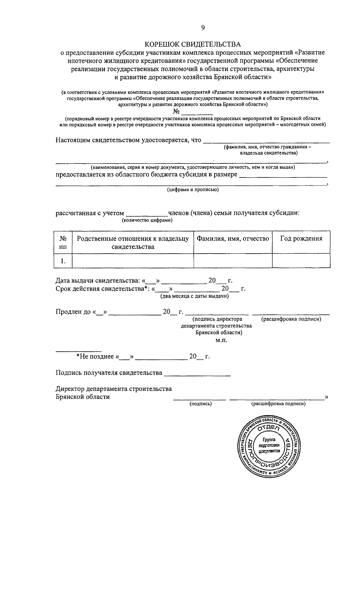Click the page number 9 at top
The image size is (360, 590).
point(203,28)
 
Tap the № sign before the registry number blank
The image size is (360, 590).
point(176,112)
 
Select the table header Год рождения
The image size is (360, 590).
point(301,239)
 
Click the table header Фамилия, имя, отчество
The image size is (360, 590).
point(233,239)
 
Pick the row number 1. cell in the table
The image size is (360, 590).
point(63,261)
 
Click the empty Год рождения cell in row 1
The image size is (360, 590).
point(301,261)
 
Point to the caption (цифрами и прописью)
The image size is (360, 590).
point(193,190)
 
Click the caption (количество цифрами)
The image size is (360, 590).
point(147,220)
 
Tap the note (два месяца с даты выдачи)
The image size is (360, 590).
point(194,296)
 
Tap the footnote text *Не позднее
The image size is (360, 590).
point(95,356)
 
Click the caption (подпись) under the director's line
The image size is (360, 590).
point(200,404)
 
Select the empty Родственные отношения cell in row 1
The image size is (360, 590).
point(133,261)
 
